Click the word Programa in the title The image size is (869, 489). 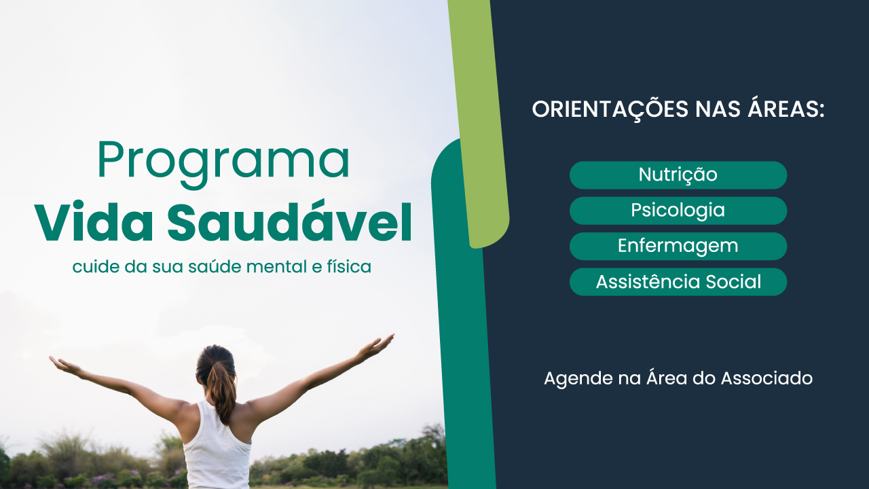coord(223,163)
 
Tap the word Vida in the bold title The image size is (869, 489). coord(94,221)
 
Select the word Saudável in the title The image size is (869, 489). coord(289,221)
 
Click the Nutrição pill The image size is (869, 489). coord(678,175)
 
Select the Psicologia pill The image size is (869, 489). coord(678,211)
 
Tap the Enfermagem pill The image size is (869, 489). coord(678,246)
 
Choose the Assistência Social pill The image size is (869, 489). coord(678,282)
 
